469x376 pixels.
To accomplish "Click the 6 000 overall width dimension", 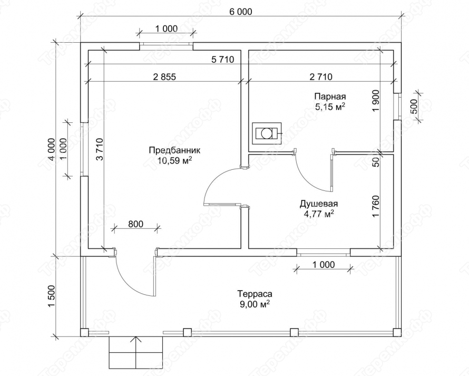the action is coord(240,12).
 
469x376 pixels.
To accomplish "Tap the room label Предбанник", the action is coord(174,150).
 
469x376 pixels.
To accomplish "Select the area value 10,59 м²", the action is coord(174,161).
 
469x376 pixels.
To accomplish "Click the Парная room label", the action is coord(330,97).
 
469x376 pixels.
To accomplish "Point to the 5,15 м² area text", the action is coord(330,107).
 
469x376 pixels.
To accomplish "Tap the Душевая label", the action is coord(319,204).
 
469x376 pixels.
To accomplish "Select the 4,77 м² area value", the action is coord(319,214).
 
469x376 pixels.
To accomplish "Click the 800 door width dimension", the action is coord(135,224).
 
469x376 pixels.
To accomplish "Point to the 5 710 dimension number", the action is coord(222,60).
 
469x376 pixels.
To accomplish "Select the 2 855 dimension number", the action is coord(164,77).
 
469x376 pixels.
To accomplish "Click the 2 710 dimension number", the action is coord(321,77).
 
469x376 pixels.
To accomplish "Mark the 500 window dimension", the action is coord(414,107).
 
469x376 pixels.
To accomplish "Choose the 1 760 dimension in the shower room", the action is coord(376,207).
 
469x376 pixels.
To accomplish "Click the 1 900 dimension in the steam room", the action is coord(376,101).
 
